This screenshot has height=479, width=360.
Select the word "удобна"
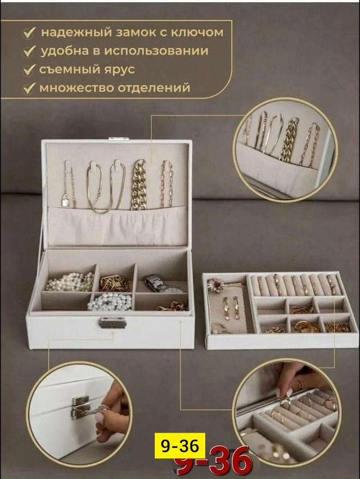(63, 51)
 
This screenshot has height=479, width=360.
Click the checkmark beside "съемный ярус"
(28, 71)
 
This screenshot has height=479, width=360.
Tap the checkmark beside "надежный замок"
(28, 34)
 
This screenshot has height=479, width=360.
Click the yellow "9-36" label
(179, 446)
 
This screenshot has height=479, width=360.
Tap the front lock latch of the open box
(112, 322)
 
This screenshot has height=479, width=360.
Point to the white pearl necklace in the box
(69, 281)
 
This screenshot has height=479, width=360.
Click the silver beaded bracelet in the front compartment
(110, 302)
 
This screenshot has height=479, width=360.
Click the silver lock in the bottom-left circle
(80, 406)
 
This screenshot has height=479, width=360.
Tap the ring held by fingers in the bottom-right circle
(285, 400)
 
